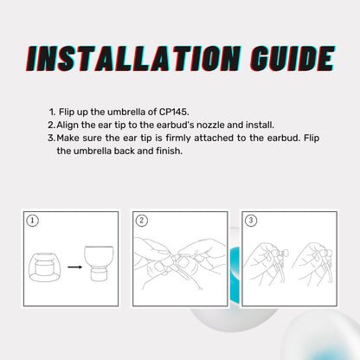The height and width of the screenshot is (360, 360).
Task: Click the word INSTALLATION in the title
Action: point(133,59)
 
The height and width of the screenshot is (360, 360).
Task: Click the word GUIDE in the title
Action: point(292,59)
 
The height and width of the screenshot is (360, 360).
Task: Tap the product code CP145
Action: point(174,112)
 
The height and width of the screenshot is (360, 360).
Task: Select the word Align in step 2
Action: point(67,125)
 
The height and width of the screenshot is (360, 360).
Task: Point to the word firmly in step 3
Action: point(178,138)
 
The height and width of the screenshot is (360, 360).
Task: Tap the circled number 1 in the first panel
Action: point(32,221)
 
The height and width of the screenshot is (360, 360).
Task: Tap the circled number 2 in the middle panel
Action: point(141,221)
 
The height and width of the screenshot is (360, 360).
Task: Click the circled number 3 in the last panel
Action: point(251,221)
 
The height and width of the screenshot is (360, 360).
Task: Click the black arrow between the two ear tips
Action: point(75,267)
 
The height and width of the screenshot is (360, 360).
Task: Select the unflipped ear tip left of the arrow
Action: point(44,267)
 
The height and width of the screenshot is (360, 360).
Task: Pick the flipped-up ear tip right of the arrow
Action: point(99,263)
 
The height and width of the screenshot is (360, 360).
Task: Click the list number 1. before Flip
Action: point(52,112)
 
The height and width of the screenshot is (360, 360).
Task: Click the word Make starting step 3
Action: point(67,138)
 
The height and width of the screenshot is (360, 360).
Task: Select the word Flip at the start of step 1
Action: point(67,112)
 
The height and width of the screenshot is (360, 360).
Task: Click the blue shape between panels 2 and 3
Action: point(235,274)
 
